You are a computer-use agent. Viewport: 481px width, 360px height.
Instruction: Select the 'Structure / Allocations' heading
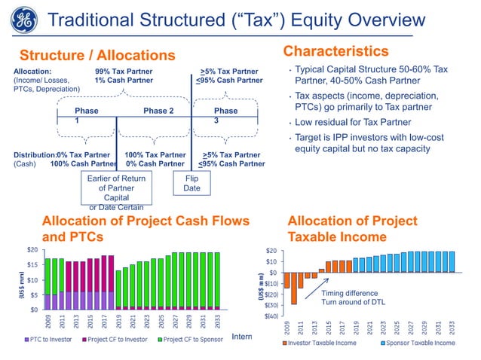[x=97, y=55]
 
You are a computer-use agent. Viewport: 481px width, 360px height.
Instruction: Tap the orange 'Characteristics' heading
[x=335, y=51]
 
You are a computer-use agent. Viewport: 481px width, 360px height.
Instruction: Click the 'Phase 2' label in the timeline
[x=158, y=111]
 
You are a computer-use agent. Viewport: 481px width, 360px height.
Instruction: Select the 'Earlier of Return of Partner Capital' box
[x=112, y=188]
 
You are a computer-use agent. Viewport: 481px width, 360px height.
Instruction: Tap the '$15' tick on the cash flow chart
[x=32, y=264]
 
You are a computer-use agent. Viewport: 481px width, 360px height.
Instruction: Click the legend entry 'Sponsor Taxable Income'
[x=416, y=342]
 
